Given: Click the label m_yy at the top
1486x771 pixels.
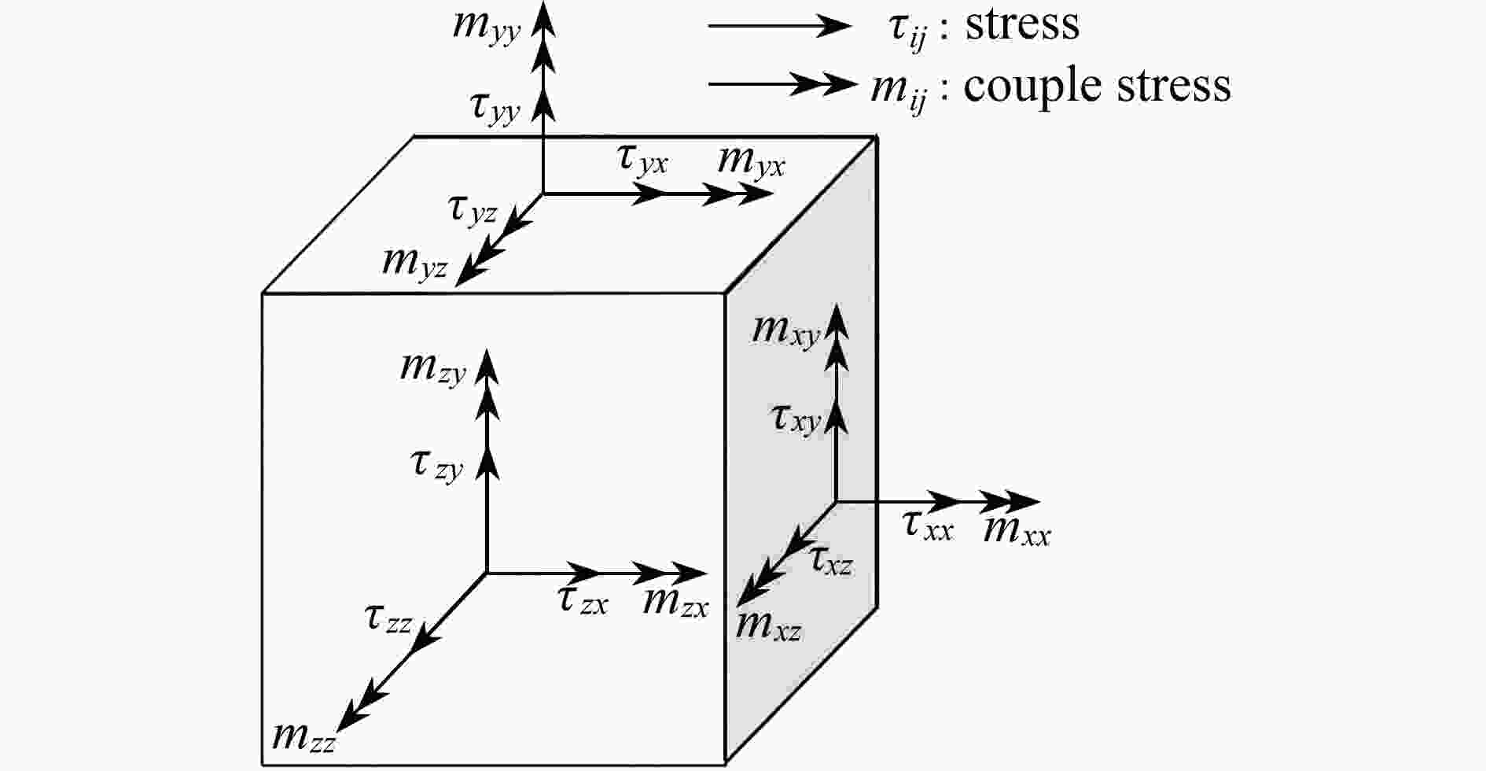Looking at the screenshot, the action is click(x=487, y=28).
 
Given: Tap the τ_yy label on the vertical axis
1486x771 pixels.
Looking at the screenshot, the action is click(x=495, y=109).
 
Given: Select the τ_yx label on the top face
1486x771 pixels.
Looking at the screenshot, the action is click(x=642, y=160).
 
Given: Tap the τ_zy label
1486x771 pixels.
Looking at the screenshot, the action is click(x=437, y=467).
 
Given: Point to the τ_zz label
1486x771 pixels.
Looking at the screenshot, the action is click(x=388, y=619).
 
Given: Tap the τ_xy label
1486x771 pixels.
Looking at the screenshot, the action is click(x=796, y=419).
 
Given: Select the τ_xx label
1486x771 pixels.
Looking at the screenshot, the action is click(x=928, y=526).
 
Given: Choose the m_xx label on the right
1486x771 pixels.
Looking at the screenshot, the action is click(x=1017, y=532).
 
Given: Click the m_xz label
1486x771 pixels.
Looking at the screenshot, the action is click(x=768, y=626).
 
